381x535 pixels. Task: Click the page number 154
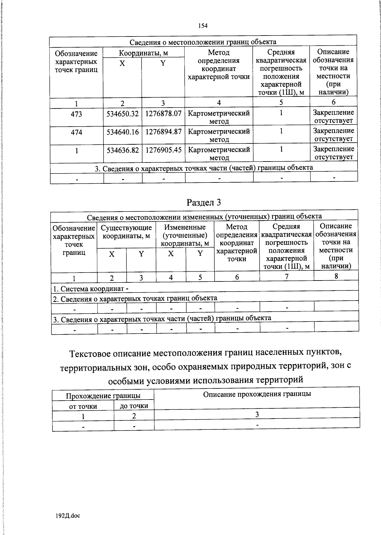[x=203, y=26]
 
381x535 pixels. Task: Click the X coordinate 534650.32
[x=123, y=114]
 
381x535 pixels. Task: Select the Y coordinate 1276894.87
[x=164, y=132]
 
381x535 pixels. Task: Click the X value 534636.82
[x=123, y=150]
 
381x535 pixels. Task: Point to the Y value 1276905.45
[x=164, y=150]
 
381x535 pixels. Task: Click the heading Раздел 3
[x=204, y=202]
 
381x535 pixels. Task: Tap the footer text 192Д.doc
[x=68, y=516]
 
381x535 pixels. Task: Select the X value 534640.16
[x=123, y=132]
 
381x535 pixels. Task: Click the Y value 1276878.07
[x=164, y=114]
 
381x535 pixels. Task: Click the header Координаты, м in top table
[x=144, y=53]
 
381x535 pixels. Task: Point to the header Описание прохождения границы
[x=257, y=394]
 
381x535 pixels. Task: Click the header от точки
[x=83, y=406]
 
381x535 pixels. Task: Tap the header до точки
[x=134, y=406]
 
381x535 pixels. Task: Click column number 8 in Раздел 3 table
[x=336, y=276]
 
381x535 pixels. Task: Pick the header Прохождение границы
[x=103, y=396]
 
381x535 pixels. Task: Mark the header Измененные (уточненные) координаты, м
[x=185, y=235]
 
